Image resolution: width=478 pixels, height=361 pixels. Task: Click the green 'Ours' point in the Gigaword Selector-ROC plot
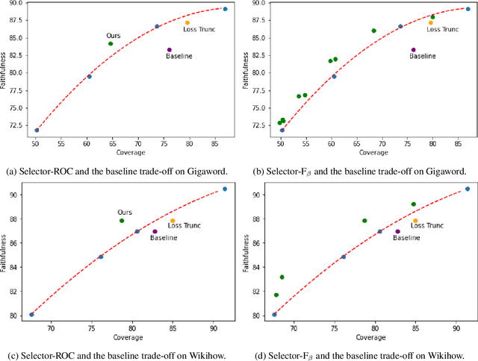(x=111, y=43)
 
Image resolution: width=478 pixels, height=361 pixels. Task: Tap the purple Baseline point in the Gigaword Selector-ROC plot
(x=170, y=50)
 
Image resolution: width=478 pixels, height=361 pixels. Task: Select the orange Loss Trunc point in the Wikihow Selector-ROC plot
(x=173, y=221)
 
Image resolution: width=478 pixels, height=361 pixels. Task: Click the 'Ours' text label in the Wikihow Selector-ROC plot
(x=126, y=212)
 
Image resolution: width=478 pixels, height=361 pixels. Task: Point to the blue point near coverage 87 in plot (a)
(x=226, y=9)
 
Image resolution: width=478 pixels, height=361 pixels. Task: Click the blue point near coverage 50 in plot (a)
(x=37, y=131)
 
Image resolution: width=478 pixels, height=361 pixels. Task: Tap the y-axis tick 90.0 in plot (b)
(x=259, y=3)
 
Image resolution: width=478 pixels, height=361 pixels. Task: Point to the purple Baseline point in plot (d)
(x=398, y=231)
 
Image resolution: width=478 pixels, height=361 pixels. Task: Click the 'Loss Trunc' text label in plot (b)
(x=442, y=30)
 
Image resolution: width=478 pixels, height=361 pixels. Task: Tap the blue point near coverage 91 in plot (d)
(x=468, y=189)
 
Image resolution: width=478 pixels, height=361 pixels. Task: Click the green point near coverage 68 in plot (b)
(x=373, y=31)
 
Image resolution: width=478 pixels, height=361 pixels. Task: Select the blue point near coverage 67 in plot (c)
(x=31, y=315)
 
